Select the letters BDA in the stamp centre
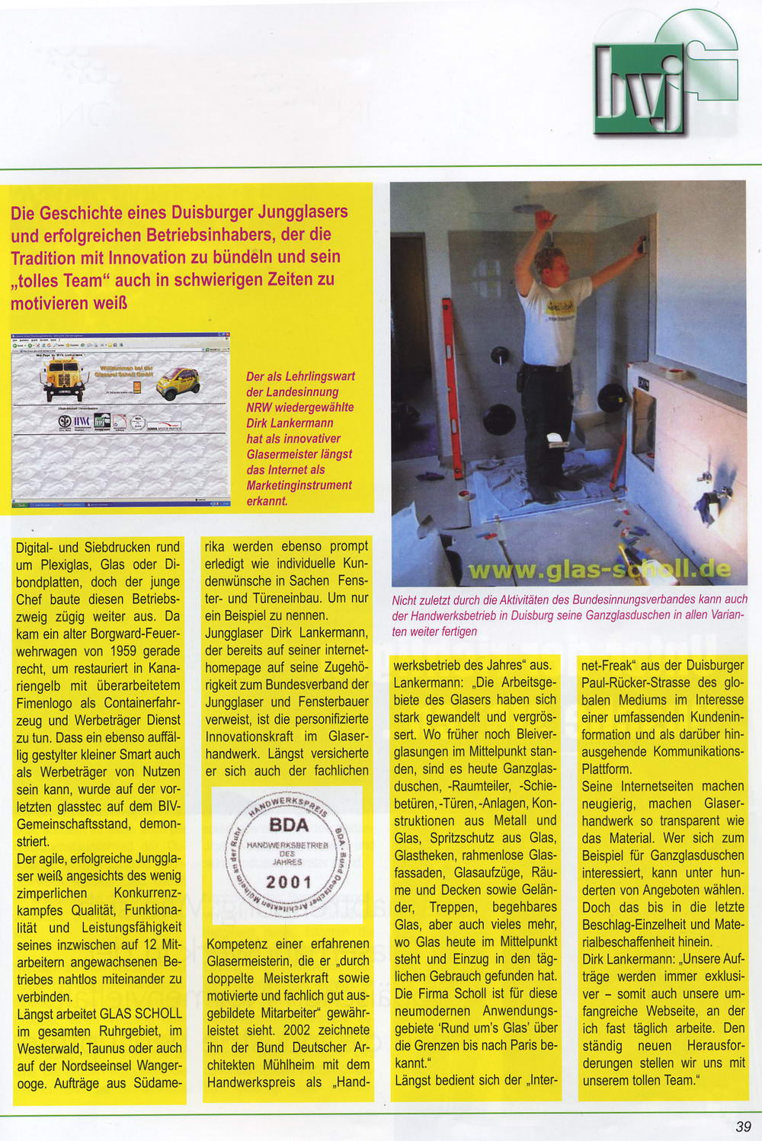pyautogui.click(x=289, y=825)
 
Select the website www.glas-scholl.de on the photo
pyautogui.click(x=599, y=569)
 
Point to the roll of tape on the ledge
pyautogui.click(x=674, y=374)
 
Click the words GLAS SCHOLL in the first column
pyautogui.click(x=142, y=1014)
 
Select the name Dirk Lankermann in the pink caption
pyautogui.click(x=289, y=423)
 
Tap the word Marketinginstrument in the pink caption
pyautogui.click(x=299, y=485)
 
